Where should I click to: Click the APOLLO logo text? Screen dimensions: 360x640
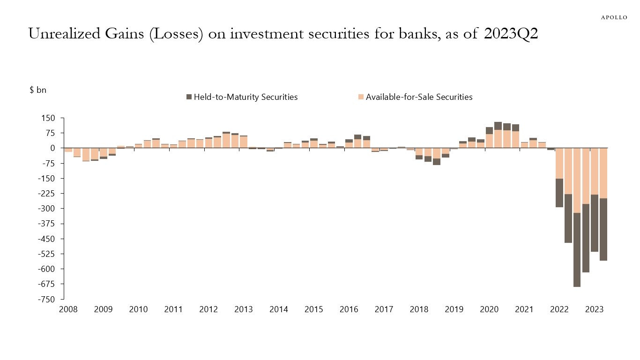pos(614,17)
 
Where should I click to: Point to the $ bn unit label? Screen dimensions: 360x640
pos(38,90)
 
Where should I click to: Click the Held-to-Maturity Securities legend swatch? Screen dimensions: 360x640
pos(189,97)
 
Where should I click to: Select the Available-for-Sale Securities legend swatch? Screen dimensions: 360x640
pos(361,97)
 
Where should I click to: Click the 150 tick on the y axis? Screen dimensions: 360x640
pos(48,118)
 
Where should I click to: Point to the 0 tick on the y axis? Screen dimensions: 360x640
pos(52,148)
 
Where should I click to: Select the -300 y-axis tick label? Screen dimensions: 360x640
pos(47,209)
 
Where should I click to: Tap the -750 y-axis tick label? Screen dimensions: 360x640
pos(47,299)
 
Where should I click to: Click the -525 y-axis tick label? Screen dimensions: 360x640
pos(47,254)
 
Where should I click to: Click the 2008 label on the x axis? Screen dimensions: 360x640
pos(68,309)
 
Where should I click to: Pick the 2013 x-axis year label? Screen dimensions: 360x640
pos(244,309)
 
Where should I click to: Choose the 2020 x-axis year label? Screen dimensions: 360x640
pos(489,309)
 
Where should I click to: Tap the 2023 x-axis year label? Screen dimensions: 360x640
pos(594,309)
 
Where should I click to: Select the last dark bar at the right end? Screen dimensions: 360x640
pos(603,229)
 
